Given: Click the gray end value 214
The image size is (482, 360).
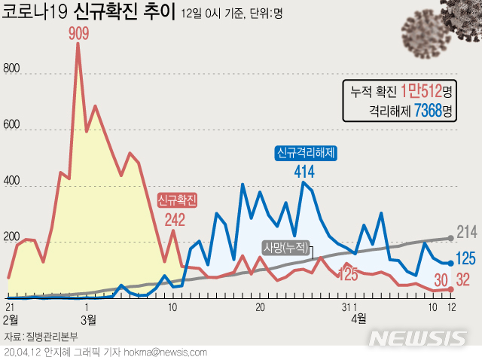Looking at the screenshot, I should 468,232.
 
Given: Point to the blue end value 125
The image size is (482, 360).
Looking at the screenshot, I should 466,259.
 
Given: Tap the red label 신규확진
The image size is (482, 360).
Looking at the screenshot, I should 177,200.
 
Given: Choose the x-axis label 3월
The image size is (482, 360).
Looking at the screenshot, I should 89,319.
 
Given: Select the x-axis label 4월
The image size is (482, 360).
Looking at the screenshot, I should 359,319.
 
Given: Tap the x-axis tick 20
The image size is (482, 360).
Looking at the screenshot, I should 260,307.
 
